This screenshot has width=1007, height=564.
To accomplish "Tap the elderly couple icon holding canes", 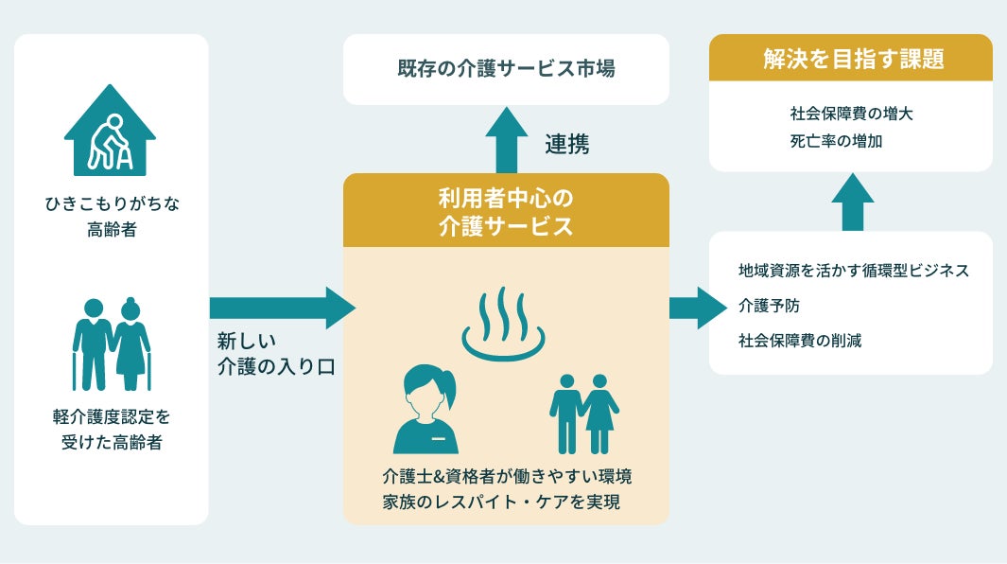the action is coord(112,344).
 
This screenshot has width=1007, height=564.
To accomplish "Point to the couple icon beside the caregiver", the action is coord(583,414).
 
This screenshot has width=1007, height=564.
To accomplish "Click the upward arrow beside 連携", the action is coord(507,140).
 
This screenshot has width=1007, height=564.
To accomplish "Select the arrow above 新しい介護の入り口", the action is coord(283,308).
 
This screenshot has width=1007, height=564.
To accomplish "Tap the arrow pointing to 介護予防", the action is coord(698,308).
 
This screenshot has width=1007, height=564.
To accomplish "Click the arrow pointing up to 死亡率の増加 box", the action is coord(852,202).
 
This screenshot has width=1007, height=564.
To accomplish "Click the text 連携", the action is coord(567,144).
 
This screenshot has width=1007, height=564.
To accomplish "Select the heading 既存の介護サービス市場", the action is coord(506,68).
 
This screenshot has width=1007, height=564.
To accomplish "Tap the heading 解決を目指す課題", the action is coord(854,59).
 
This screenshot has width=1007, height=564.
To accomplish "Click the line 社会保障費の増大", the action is coord(852,114).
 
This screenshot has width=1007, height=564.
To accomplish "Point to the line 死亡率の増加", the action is coord(836,142).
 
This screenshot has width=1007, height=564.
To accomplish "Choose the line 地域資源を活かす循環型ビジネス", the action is coord(854,271).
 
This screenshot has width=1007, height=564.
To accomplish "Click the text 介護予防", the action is coord(769,306).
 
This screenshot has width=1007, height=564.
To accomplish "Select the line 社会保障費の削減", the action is coord(800,341).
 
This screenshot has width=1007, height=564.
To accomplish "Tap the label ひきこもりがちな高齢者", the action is coord(112,216).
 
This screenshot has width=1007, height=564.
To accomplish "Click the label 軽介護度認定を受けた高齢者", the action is coord(112,429).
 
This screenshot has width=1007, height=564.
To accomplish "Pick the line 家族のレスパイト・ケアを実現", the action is coord(501,502).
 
